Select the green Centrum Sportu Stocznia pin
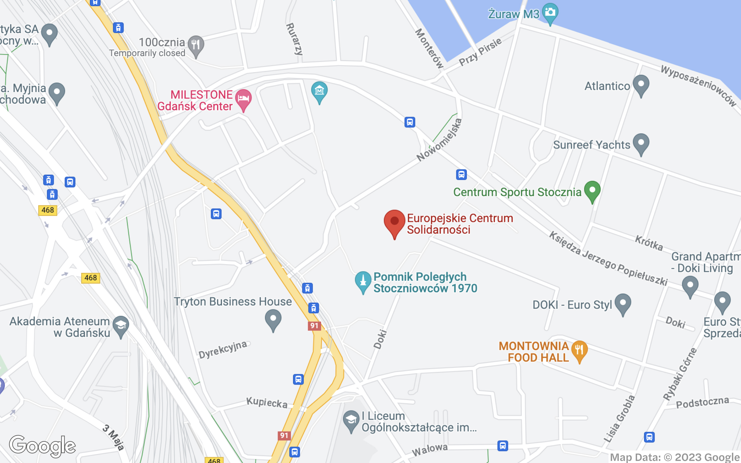point(592,190)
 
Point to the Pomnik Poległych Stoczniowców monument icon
point(363,281)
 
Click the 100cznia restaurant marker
point(196,45)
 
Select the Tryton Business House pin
point(273,319)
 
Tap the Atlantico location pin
point(641,85)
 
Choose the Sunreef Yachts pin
point(641,143)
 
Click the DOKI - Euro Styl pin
point(623,303)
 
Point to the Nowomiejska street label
point(439,140)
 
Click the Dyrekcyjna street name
point(223,349)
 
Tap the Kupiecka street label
point(267,403)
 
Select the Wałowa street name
point(429,449)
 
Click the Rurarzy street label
point(294,39)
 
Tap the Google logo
point(42,446)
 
